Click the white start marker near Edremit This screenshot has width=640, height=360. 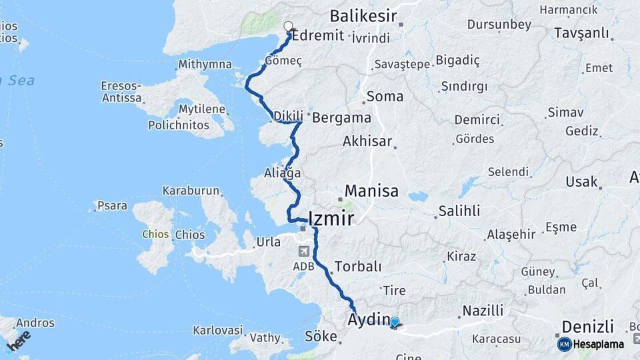(x=288, y=27)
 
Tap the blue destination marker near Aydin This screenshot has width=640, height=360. (x=394, y=323)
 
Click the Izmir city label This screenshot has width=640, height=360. (x=331, y=218)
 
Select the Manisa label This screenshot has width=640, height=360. (x=371, y=191)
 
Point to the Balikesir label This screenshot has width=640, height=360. (x=363, y=16)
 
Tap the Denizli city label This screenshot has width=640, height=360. (x=587, y=327)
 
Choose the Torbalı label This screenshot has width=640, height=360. (x=358, y=267)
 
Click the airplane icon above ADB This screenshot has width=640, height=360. (x=304, y=252)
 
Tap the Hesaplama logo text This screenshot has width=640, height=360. (x=598, y=345)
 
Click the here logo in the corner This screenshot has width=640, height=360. (x=19, y=340)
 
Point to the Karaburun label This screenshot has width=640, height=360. (x=191, y=191)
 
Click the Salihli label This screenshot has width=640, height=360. (x=458, y=211)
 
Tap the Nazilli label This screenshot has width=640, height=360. (x=483, y=311)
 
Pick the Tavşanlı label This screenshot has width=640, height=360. (x=583, y=34)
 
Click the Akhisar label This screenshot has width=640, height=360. (x=367, y=141)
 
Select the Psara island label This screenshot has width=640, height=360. (x=111, y=206)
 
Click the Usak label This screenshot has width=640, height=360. (x=581, y=181)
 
